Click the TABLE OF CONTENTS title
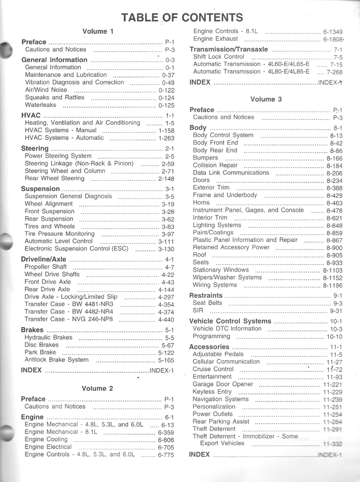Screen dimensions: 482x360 coord(182,18)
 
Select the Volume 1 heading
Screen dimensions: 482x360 coord(98,32)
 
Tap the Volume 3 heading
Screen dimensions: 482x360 coord(266,99)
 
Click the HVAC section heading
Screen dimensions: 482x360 coord(31,115)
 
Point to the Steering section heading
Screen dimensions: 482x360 coord(35,149)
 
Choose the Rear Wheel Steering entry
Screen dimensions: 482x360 coord(55,178)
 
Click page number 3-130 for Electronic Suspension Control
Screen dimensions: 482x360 coord(166,249)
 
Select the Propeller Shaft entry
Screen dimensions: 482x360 coord(46,267)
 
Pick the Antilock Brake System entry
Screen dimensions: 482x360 coord(56,360)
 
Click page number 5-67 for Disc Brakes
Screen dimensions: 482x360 coord(168,345)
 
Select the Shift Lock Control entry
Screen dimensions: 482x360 coord(218,57)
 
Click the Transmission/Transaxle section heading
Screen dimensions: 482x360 coord(229,49)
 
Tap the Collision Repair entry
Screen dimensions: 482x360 coord(215,166)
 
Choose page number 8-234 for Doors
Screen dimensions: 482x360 coord(334,181)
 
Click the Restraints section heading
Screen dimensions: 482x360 coord(206,296)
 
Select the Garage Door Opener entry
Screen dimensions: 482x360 coord(223,384)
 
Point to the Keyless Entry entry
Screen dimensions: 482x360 coord(212,392)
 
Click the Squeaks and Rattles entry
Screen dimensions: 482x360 coord(55,97)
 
